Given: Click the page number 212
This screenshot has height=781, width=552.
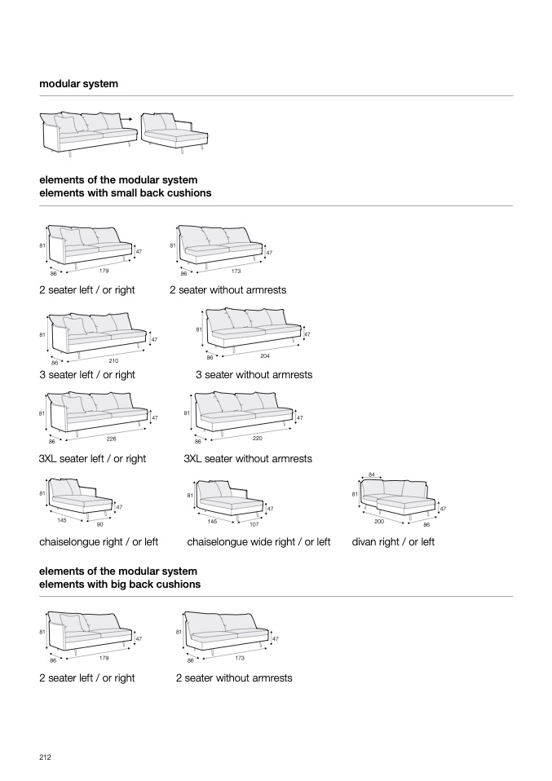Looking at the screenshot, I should click(x=46, y=757).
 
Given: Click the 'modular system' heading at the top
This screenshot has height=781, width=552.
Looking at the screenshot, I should click(x=78, y=84).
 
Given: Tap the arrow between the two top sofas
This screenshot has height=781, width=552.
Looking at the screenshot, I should click(x=126, y=118).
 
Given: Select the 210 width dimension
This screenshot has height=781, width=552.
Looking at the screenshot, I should click(x=113, y=360).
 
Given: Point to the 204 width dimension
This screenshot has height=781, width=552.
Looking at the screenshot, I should click(x=264, y=355).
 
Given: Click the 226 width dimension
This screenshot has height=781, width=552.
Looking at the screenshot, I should click(x=112, y=439).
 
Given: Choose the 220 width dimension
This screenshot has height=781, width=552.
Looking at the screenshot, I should click(x=258, y=439).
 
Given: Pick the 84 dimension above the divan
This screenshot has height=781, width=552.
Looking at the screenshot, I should click(x=372, y=474).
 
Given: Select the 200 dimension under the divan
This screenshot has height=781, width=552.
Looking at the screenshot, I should click(x=379, y=521).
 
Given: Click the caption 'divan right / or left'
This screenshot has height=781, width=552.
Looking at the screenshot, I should click(x=393, y=542).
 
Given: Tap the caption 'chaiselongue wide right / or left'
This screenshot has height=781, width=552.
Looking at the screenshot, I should click(x=258, y=542).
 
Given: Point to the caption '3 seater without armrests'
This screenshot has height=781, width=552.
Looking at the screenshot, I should click(x=254, y=375).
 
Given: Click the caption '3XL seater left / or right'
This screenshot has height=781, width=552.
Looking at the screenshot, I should click(x=92, y=459).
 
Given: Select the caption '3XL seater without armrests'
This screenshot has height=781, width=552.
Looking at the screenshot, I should click(x=248, y=459).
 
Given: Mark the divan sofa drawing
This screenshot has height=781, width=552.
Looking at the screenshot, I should click(x=397, y=496).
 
